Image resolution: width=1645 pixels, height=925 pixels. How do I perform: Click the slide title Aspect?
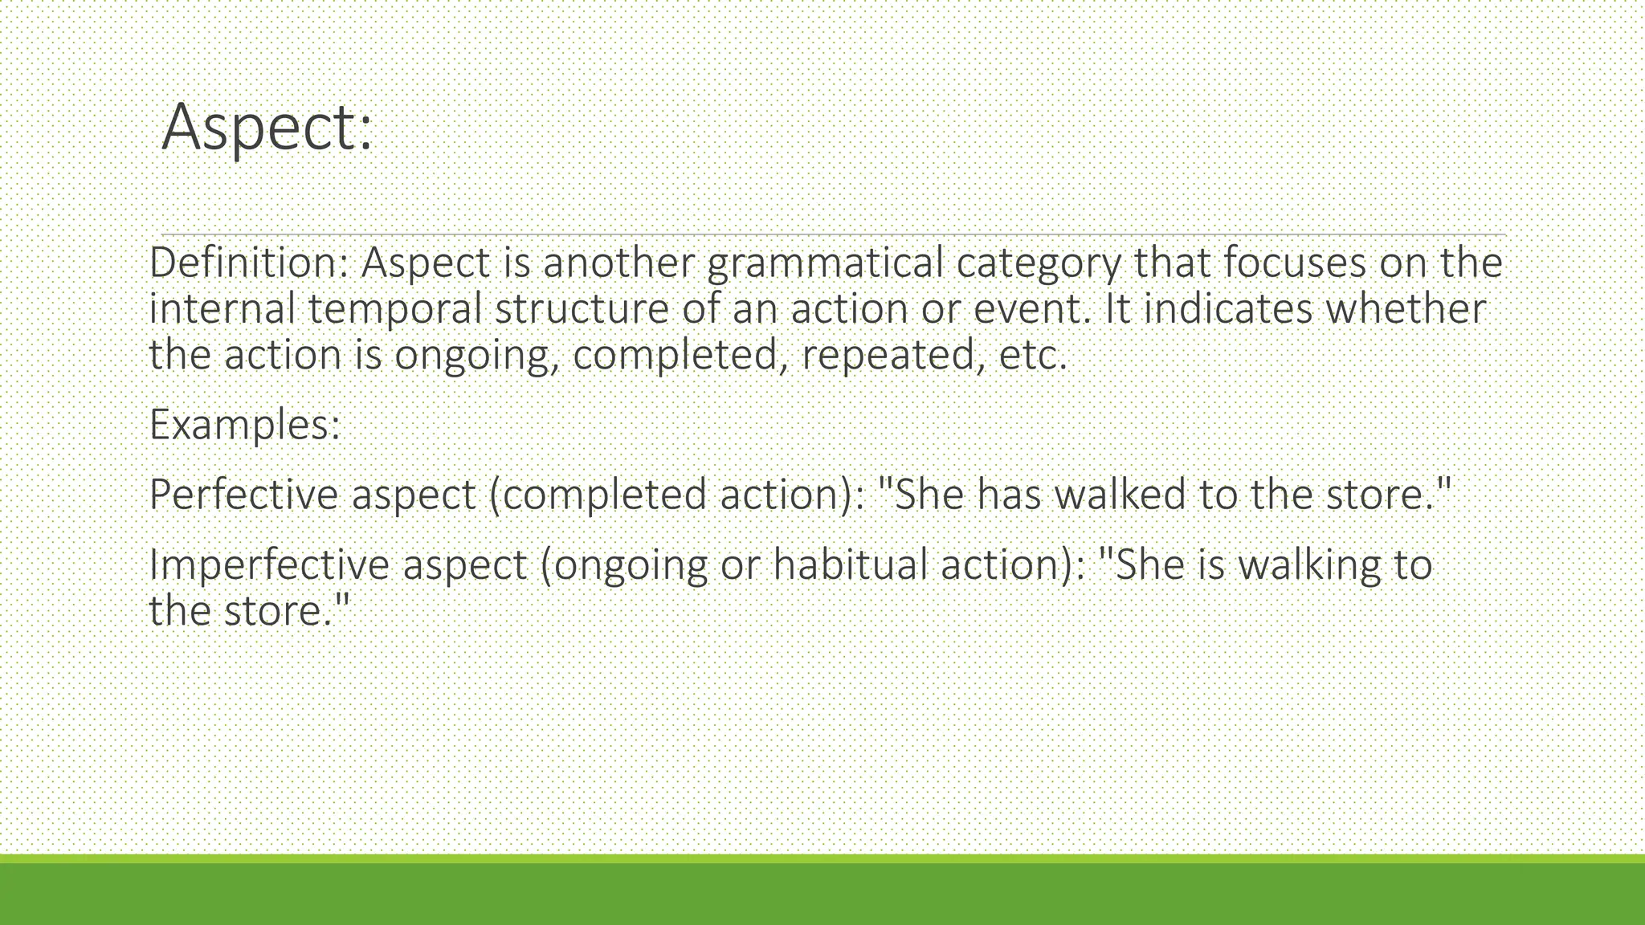tap(267, 127)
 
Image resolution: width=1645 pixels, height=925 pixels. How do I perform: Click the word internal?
tap(222, 309)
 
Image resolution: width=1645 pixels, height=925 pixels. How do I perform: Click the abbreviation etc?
tap(1033, 356)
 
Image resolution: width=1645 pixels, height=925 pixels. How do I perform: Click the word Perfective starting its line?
tap(244, 495)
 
